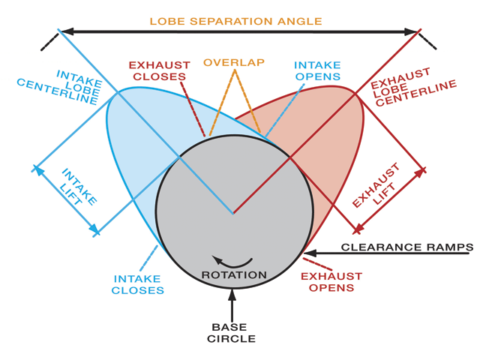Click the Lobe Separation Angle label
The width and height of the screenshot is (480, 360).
pos(235,22)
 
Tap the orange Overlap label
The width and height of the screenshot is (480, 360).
pos(234,62)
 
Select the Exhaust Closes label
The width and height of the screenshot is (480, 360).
pos(160,71)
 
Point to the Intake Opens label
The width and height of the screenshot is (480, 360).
pos(317,70)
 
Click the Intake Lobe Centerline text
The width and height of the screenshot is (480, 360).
pos(59,88)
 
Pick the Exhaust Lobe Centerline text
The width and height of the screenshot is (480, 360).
pos(413,88)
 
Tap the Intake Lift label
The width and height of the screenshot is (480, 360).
pos(77,187)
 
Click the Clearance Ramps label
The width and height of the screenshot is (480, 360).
pos(407,247)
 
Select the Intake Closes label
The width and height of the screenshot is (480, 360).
pos(137,285)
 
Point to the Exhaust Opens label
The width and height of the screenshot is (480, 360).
pos(331,282)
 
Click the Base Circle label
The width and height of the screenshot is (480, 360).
pos(231,333)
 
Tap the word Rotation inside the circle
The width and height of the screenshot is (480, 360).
pos(234,275)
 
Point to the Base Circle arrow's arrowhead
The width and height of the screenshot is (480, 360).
pos(232,295)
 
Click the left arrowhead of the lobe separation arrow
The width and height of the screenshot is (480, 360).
pos(67,31)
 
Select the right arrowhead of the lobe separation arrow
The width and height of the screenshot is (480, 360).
pos(411,31)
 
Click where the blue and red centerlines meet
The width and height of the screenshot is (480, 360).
pos(233,213)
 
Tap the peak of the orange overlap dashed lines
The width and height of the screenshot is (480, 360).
pos(235,70)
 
